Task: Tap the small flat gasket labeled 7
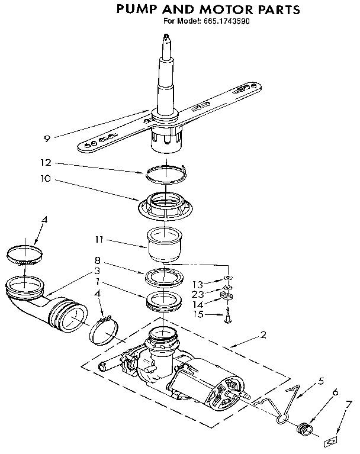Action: point(331,440)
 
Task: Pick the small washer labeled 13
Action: point(227,280)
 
